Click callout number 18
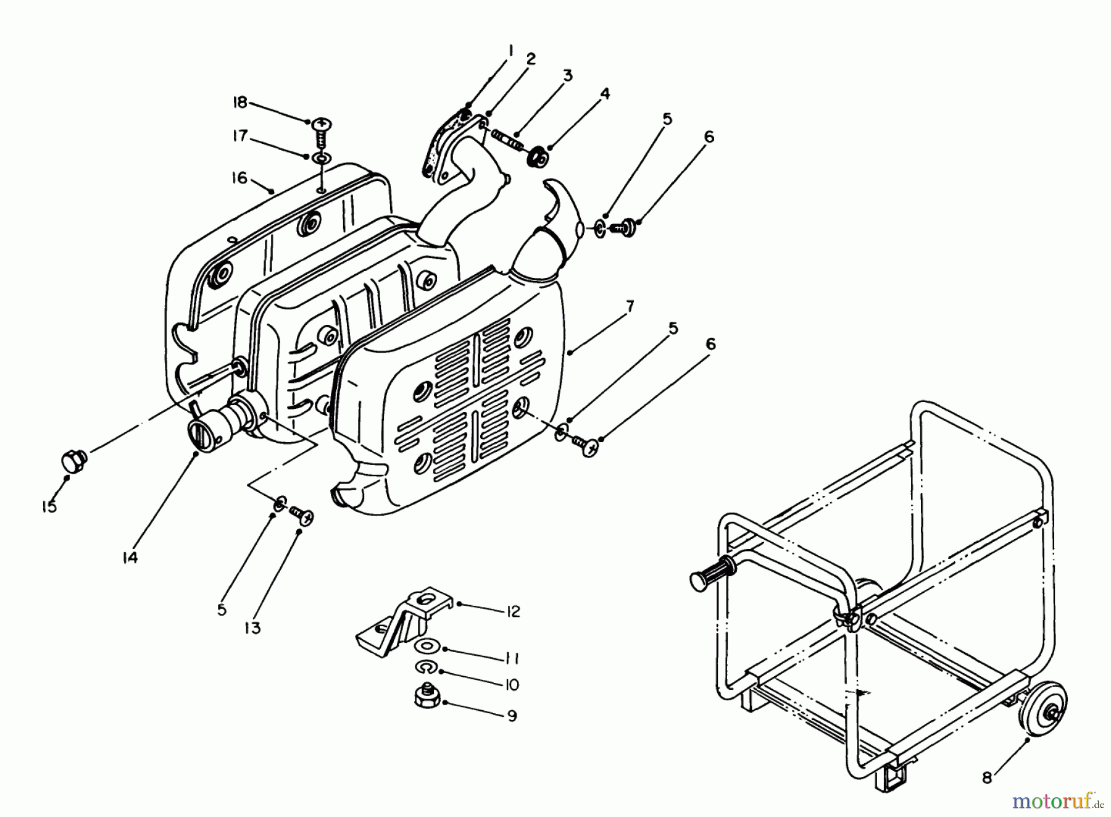239,103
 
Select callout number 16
239,178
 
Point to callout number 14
129,558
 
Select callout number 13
252,628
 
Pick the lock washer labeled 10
425,667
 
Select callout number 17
239,136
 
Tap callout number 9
512,716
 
